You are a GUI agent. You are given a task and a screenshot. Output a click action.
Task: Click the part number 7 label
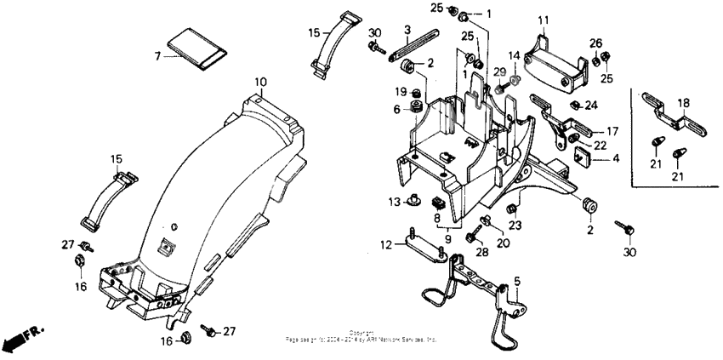pyautogui.click(x=157, y=55)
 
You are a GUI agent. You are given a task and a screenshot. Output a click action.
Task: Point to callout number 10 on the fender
pyautogui.click(x=260, y=82)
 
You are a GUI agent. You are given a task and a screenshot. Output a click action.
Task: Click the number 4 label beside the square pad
pyautogui.click(x=616, y=158)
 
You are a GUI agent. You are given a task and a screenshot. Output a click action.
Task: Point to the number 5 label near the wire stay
pyautogui.click(x=516, y=281)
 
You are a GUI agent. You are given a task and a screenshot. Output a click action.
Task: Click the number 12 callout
pyautogui.click(x=385, y=244)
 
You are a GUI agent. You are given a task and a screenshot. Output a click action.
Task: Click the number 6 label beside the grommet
pyautogui.click(x=396, y=109)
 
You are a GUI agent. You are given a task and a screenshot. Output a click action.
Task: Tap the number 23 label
pyautogui.click(x=514, y=226)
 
